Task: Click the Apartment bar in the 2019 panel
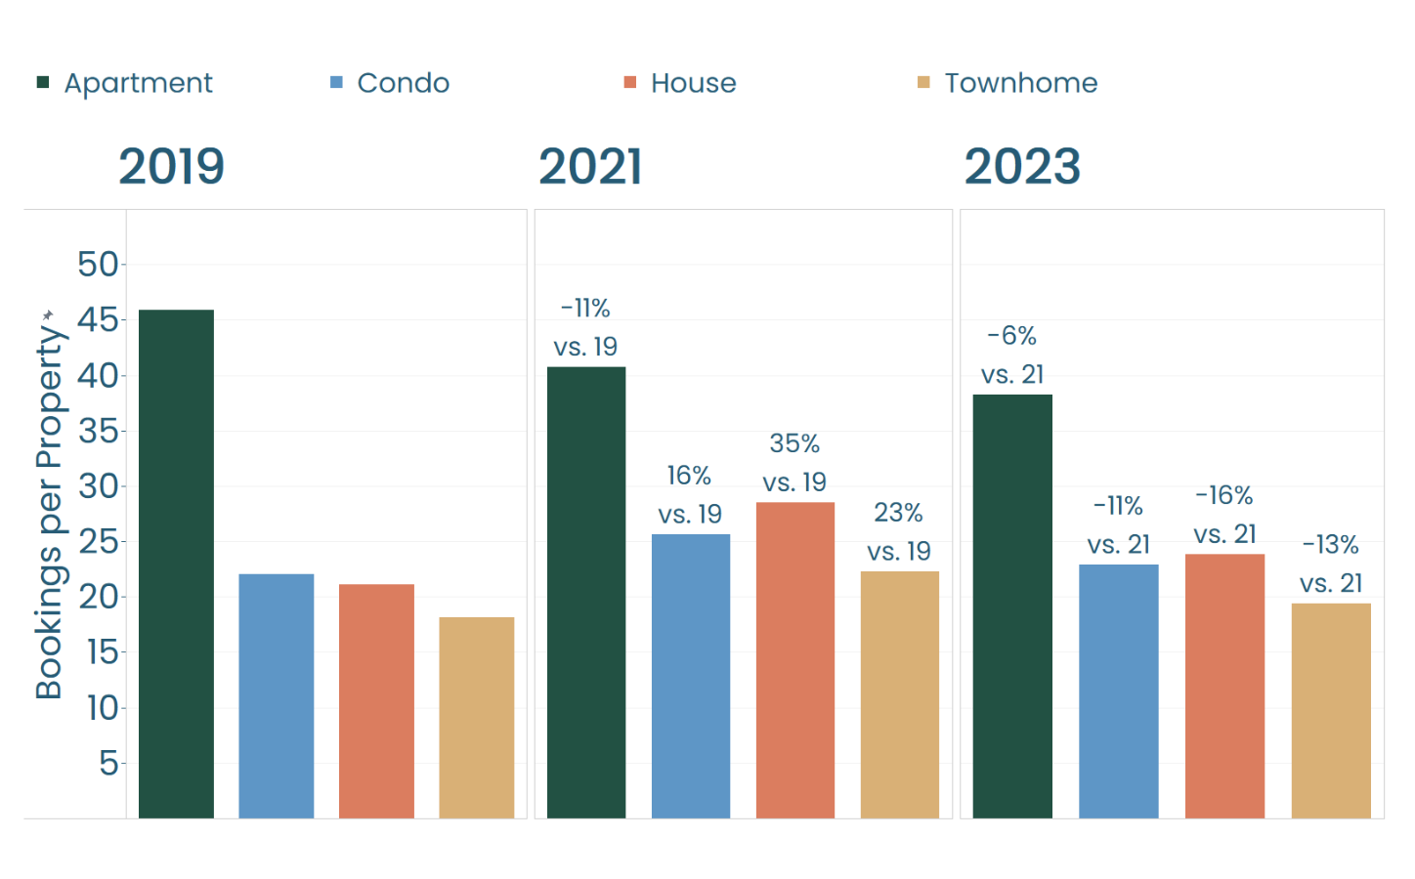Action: tap(176, 564)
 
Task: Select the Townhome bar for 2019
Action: tap(476, 717)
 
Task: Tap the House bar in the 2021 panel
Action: tap(794, 659)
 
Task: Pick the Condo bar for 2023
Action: tap(1118, 691)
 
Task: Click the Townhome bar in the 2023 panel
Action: tap(1330, 710)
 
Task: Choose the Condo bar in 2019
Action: tap(277, 695)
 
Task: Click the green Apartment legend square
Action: tap(43, 82)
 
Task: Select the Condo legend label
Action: tap(403, 83)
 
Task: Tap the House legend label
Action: tap(693, 83)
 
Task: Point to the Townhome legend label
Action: tap(1020, 83)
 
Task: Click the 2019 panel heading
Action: tap(172, 166)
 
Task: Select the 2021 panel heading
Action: tap(590, 166)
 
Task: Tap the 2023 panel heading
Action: tap(1022, 166)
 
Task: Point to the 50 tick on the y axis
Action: tap(98, 264)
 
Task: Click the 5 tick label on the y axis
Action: tap(108, 763)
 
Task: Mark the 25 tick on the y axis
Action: tap(98, 541)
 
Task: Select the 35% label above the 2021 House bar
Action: tap(794, 443)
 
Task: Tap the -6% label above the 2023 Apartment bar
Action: tap(1011, 336)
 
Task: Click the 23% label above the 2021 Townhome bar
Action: tap(898, 513)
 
